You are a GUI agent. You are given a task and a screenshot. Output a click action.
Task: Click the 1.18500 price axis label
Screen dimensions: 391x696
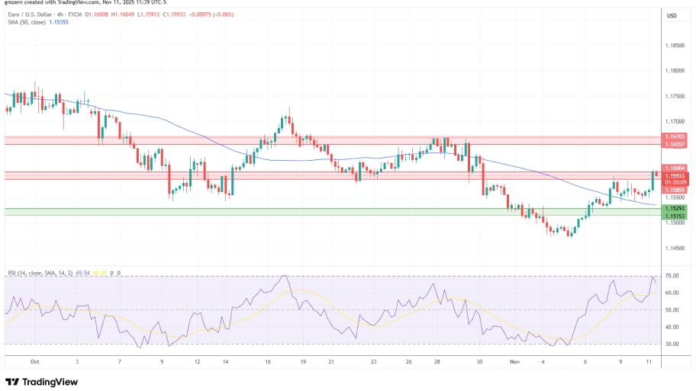pyautogui.click(x=675, y=46)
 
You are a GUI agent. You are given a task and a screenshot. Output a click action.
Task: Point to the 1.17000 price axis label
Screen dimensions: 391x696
pyautogui.click(x=675, y=121)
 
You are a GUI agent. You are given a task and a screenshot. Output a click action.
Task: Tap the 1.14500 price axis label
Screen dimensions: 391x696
pyautogui.click(x=675, y=248)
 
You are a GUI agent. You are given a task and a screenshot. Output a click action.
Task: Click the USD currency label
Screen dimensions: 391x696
pyautogui.click(x=672, y=16)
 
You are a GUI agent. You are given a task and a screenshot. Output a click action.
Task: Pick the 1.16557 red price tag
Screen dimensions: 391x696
pyautogui.click(x=675, y=144)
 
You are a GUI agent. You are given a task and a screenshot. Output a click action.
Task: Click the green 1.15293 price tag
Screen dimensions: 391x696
pyautogui.click(x=675, y=208)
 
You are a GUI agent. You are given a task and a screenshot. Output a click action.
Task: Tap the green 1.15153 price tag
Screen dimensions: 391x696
pyautogui.click(x=675, y=216)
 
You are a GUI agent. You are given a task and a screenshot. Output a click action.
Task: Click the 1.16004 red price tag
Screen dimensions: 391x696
pyautogui.click(x=675, y=168)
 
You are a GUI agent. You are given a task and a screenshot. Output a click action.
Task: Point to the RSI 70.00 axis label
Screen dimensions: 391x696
pyautogui.click(x=672, y=276)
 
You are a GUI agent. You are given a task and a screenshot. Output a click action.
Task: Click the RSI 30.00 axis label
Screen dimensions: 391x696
pyautogui.click(x=672, y=344)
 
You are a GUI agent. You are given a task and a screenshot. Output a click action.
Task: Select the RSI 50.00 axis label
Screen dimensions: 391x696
pyautogui.click(x=672, y=310)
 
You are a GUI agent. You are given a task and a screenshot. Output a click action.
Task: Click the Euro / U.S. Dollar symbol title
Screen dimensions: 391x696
pyautogui.click(x=38, y=15)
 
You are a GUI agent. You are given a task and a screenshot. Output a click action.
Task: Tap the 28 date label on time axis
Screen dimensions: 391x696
pyautogui.click(x=436, y=362)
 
